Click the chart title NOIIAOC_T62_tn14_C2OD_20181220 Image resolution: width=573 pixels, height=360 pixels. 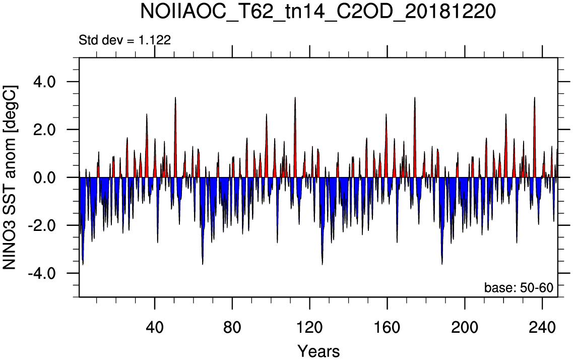pyautogui.click(x=318, y=12)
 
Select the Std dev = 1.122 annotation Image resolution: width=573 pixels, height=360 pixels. pyautogui.click(x=124, y=40)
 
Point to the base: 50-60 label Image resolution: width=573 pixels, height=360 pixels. pyautogui.click(x=519, y=287)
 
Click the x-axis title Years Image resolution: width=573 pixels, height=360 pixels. pyautogui.click(x=319, y=351)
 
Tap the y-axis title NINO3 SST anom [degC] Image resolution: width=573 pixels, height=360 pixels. pyautogui.click(x=10, y=177)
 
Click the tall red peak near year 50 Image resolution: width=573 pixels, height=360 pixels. pyautogui.click(x=175, y=139)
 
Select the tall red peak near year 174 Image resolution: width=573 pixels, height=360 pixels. pyautogui.click(x=415, y=139)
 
